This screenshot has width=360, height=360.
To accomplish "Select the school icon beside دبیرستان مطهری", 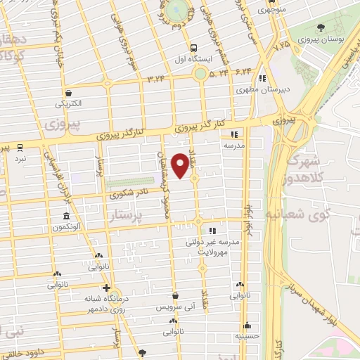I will [x=262, y=78].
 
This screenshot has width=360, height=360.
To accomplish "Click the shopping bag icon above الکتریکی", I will [x=69, y=92].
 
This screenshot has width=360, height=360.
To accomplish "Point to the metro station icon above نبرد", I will [x=20, y=148].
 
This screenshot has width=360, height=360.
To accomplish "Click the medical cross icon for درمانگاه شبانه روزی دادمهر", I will [x=106, y=288].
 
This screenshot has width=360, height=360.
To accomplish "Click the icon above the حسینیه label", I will [x=247, y=326].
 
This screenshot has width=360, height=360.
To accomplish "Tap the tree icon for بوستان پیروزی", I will [x=321, y=27].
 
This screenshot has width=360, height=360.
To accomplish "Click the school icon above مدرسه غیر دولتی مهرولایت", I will [x=212, y=230].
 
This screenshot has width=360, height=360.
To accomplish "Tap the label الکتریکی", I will [x=69, y=103].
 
